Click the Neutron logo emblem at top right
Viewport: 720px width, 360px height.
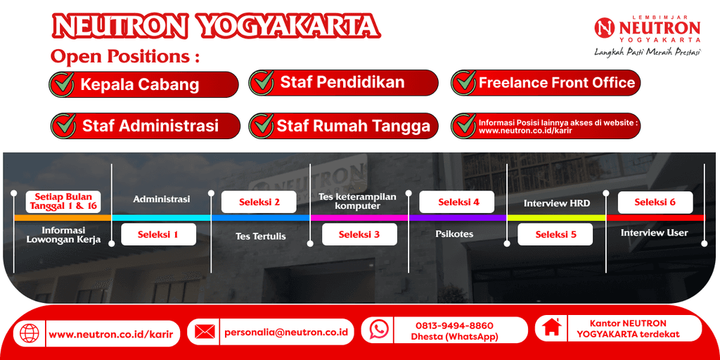(605, 28)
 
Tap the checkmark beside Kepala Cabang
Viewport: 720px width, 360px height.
(63, 84)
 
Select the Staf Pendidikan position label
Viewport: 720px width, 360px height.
(342, 82)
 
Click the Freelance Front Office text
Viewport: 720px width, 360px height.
(557, 83)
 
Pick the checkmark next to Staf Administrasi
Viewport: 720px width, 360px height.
(65, 126)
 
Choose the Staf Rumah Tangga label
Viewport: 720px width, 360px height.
(353, 127)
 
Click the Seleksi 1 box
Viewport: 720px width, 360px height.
(157, 234)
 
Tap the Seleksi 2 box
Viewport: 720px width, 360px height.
(259, 202)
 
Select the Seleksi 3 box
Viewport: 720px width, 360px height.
(359, 234)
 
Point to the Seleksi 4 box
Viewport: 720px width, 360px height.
(458, 202)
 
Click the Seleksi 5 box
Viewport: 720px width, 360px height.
(555, 234)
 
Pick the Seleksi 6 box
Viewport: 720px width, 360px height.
(655, 202)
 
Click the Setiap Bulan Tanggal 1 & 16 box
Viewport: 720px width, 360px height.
(63, 202)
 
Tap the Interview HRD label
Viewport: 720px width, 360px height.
(556, 203)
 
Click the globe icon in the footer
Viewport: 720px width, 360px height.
(29, 333)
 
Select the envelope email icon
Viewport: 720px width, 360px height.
(205, 331)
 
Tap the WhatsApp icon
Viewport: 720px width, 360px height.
(379, 329)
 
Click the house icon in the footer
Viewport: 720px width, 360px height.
(552, 328)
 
